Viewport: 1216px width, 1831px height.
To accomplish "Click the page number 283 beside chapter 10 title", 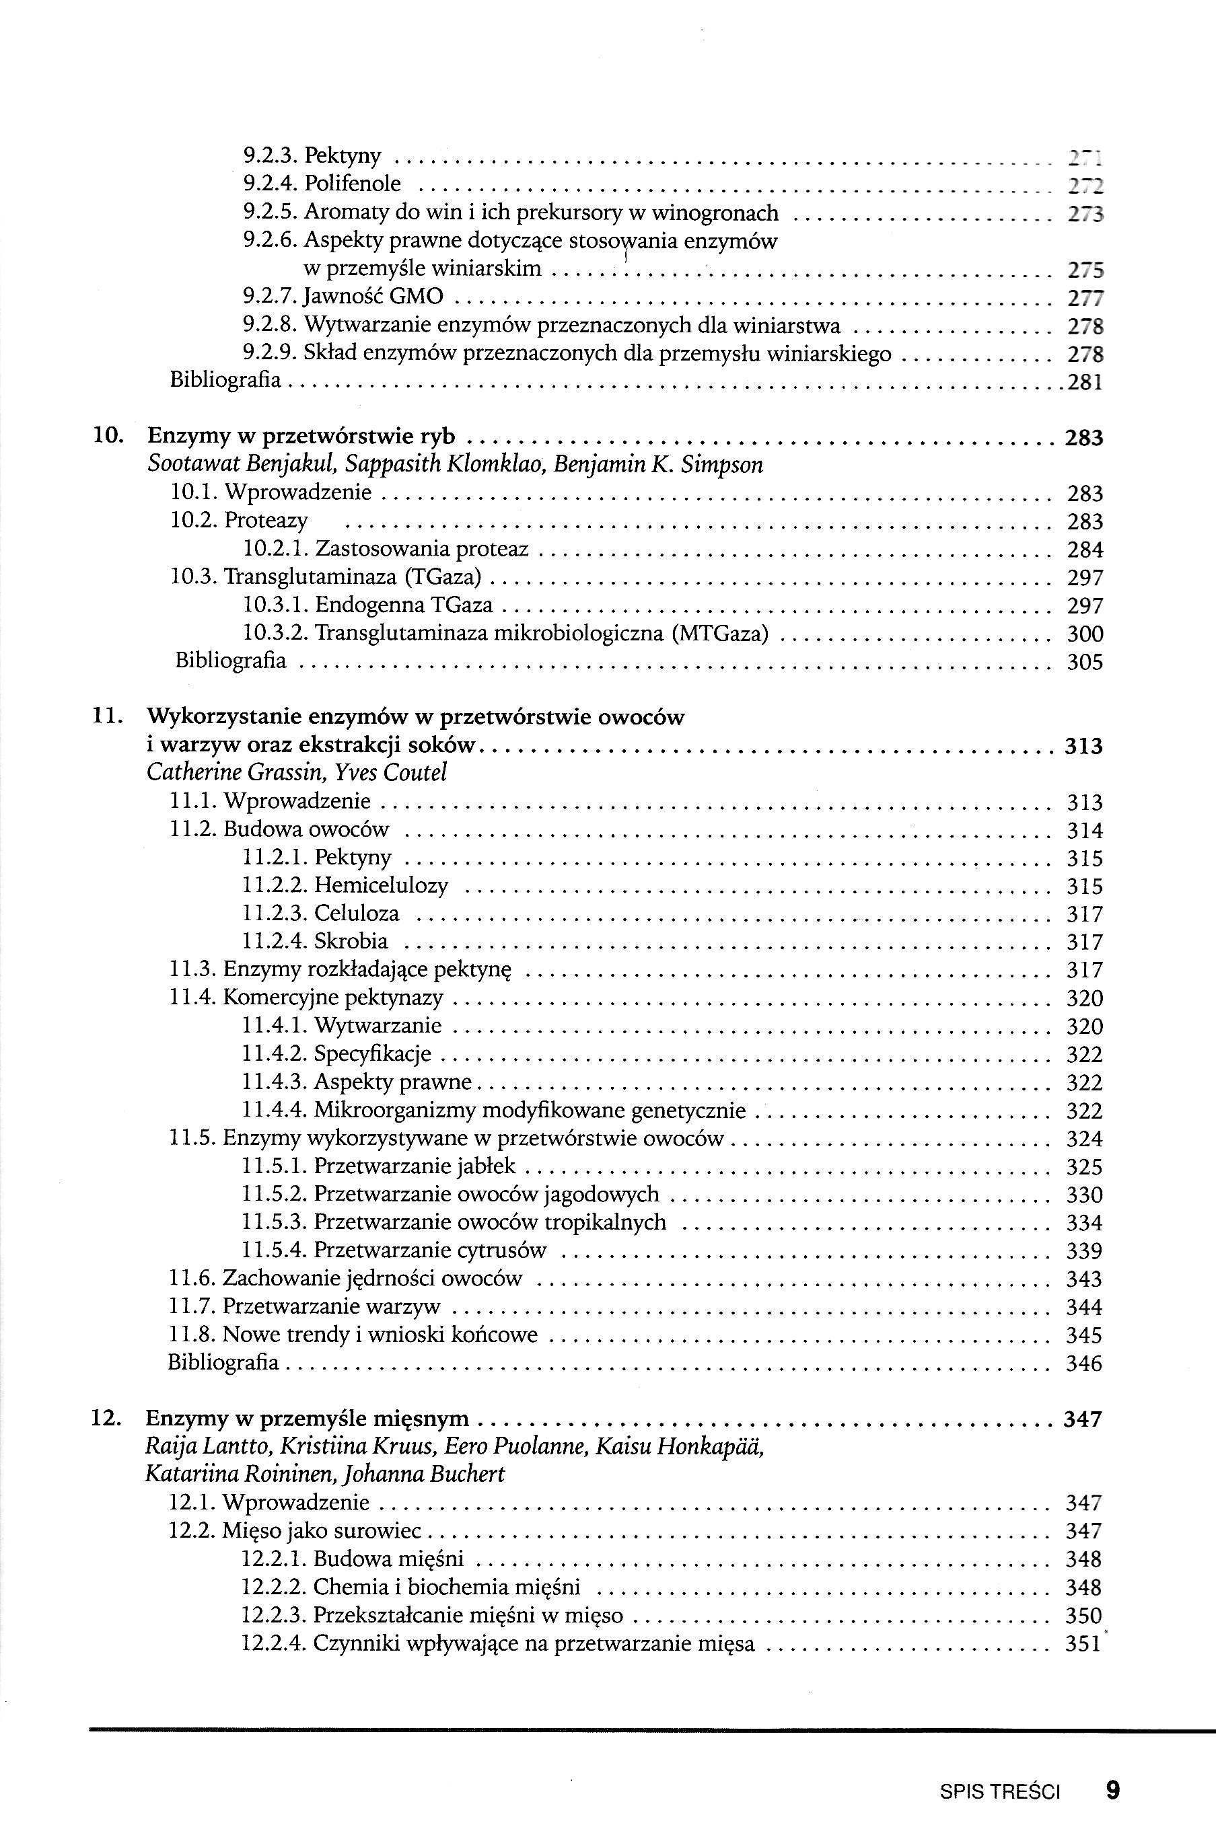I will [x=1083, y=438].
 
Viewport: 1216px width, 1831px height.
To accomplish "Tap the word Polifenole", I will [x=352, y=184].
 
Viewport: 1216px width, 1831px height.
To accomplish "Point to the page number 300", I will [x=1085, y=634].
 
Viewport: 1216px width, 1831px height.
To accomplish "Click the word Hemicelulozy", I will [x=381, y=885].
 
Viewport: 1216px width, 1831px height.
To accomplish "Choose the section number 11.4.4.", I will [x=275, y=1111].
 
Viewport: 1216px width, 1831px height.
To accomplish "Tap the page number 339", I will [x=1084, y=1251].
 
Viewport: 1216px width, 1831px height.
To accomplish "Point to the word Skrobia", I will [x=351, y=941].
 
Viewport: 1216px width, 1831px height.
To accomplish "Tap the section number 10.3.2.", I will [x=275, y=634].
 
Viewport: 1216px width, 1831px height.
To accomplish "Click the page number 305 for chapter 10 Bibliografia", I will [x=1085, y=662].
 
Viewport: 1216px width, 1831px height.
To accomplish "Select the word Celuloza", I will [x=357, y=913].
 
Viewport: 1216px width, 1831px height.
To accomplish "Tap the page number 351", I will [x=1083, y=1644].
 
